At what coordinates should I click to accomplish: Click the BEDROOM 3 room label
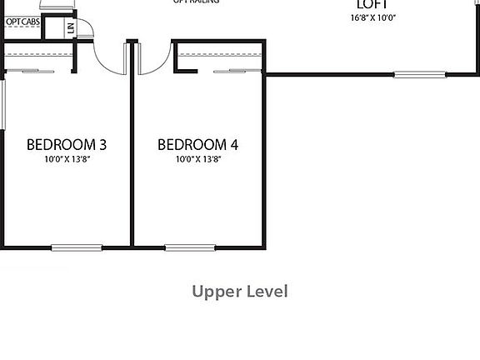[67, 144]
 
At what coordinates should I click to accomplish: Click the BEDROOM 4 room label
[197, 144]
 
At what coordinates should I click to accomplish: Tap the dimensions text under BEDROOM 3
[67, 159]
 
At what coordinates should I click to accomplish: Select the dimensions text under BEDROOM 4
[197, 159]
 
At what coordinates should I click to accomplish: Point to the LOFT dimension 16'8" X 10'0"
[372, 17]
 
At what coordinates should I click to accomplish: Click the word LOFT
[372, 3]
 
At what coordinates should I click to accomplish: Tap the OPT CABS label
[22, 22]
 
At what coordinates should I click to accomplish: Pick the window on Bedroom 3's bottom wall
[77, 247]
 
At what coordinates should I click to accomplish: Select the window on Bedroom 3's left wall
[3, 104]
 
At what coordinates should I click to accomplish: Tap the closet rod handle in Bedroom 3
[38, 72]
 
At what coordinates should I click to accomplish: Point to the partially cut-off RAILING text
[197, 2]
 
